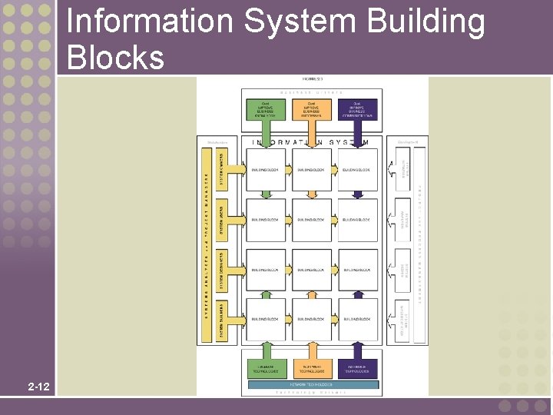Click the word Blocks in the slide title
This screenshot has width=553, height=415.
(x=115, y=58)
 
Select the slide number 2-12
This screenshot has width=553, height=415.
(x=37, y=386)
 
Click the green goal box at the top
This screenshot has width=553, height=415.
(x=264, y=109)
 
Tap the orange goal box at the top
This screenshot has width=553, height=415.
(x=311, y=109)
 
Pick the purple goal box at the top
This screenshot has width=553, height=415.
(x=358, y=109)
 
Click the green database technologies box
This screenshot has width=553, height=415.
(x=264, y=367)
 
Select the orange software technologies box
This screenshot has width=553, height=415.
(x=311, y=367)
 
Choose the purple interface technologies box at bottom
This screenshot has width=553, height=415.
(x=358, y=367)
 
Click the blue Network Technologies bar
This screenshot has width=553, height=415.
(x=311, y=383)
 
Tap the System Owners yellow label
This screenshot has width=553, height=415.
(x=222, y=169)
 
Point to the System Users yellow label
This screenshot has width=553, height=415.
(x=222, y=220)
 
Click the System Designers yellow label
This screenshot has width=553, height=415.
(x=222, y=270)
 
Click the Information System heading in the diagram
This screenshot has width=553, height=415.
(x=311, y=142)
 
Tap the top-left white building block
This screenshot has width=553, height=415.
(x=266, y=170)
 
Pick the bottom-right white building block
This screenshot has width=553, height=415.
(x=357, y=319)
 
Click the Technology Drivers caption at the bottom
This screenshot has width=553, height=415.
(x=311, y=392)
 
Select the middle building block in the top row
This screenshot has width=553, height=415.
(x=311, y=170)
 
